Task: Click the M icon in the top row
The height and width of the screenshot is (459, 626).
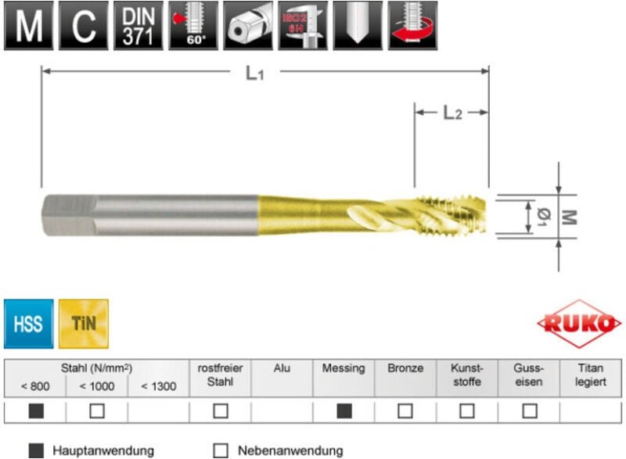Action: click(x=30, y=26)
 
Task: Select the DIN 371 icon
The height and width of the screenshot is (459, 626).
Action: click(x=139, y=26)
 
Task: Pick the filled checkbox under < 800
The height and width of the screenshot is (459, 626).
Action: click(x=36, y=411)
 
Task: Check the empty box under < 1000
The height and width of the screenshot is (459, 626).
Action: click(x=97, y=411)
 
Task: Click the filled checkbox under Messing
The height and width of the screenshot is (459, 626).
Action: click(x=344, y=411)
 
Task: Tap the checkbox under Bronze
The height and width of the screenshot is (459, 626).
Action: click(x=405, y=411)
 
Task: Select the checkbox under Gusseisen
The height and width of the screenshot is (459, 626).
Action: click(x=530, y=411)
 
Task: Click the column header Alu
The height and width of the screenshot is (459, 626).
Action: click(x=282, y=368)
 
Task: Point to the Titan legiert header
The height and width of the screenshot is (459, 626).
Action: click(x=591, y=375)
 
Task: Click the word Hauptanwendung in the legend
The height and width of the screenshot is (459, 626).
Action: click(x=103, y=450)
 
